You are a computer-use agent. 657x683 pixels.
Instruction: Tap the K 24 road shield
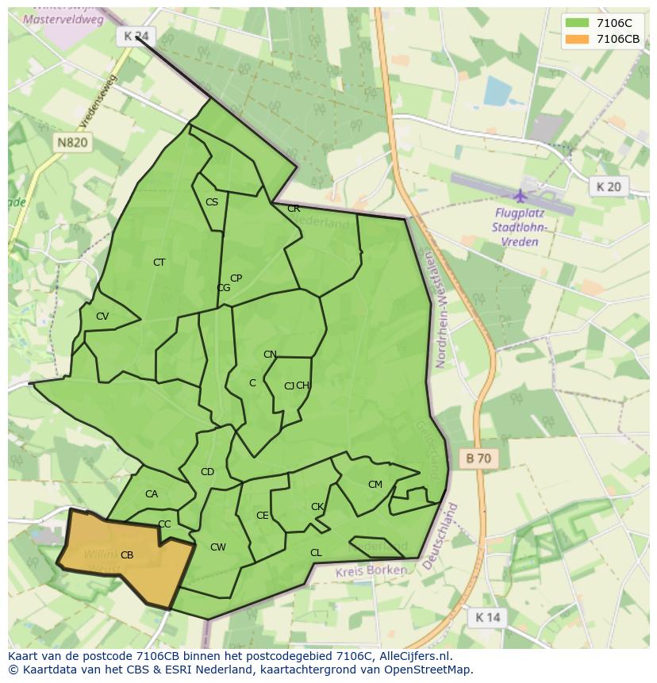click(136, 36)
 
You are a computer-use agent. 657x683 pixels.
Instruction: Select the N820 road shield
click(72, 143)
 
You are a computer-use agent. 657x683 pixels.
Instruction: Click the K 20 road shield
click(609, 186)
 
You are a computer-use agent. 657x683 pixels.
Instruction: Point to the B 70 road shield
click(478, 458)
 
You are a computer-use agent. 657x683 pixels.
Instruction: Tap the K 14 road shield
click(487, 617)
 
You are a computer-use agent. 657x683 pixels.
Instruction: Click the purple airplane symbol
click(521, 195)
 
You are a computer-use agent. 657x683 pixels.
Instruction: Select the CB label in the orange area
click(127, 555)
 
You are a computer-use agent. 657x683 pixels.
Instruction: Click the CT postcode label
click(159, 263)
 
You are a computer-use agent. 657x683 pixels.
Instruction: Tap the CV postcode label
click(102, 317)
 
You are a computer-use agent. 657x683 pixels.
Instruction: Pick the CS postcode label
click(212, 202)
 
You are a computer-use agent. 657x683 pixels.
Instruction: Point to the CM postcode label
click(375, 485)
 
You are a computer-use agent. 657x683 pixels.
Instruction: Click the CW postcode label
click(218, 547)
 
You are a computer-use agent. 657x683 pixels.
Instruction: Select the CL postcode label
click(316, 553)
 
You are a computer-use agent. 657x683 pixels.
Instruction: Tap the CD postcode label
click(207, 472)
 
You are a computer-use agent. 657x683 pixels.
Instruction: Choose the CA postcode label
click(152, 494)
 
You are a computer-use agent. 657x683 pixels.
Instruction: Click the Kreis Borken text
click(371, 571)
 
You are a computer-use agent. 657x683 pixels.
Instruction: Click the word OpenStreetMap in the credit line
click(429, 670)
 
